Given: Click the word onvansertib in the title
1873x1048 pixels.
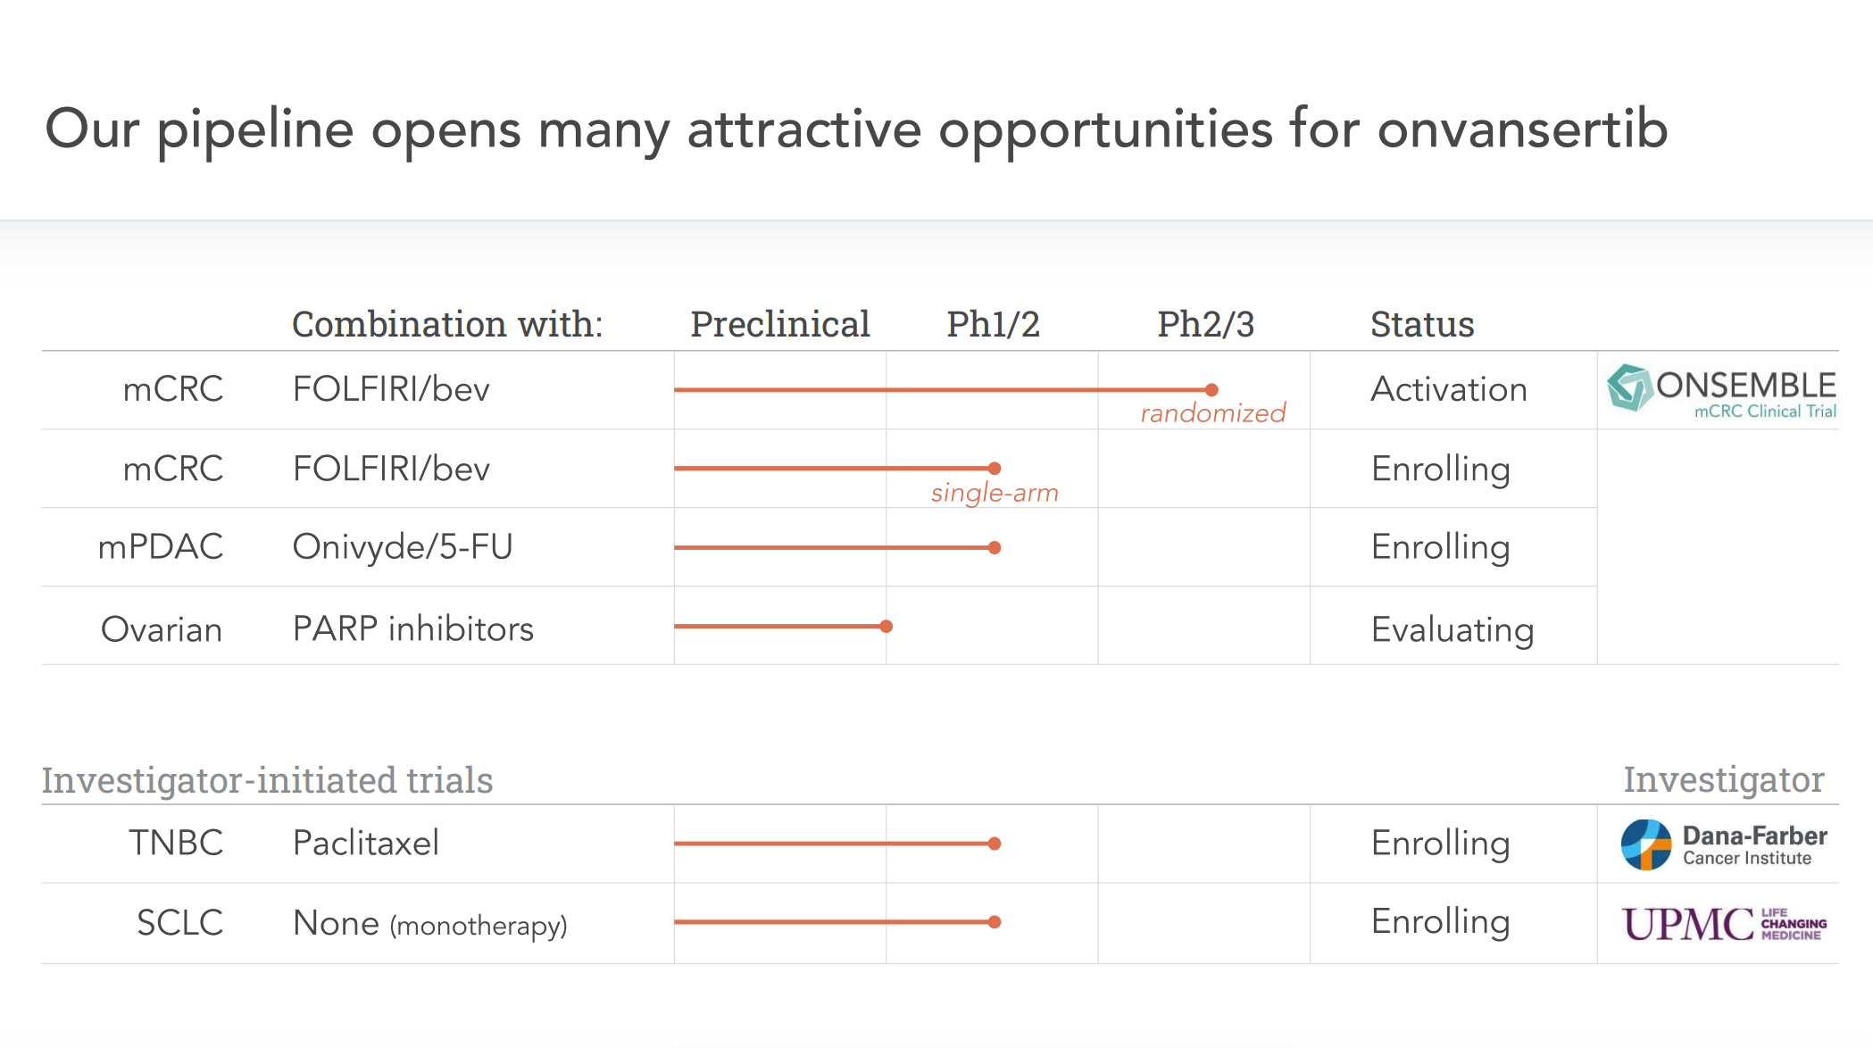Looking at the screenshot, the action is click(x=1522, y=129).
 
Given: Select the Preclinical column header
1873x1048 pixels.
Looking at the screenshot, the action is click(x=780, y=324).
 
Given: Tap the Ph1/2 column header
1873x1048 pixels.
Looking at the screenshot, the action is click(x=993, y=324).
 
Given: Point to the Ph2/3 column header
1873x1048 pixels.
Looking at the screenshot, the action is click(x=1205, y=324).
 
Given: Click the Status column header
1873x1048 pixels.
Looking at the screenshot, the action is click(x=1422, y=324).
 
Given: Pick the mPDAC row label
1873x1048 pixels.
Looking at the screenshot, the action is click(x=161, y=546).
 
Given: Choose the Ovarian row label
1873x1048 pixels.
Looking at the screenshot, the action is click(x=162, y=629).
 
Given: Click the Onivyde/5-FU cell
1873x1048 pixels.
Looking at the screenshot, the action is click(x=403, y=546).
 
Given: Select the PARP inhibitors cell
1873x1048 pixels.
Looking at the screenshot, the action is click(x=413, y=628).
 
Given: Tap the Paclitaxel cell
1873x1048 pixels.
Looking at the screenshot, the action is click(x=366, y=843).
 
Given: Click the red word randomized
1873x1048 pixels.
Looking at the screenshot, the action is click(x=1213, y=413).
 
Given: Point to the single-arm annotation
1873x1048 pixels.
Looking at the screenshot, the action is click(x=995, y=493).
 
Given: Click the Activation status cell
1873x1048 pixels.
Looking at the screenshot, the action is click(x=1449, y=389).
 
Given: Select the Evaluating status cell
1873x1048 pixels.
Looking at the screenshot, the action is click(x=1453, y=630).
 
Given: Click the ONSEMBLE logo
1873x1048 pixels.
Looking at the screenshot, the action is click(x=1721, y=390).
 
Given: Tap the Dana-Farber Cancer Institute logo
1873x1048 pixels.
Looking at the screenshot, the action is click(x=1724, y=844).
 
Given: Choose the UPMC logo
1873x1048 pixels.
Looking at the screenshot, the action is click(x=1724, y=924).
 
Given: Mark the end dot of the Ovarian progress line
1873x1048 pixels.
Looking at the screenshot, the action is click(x=887, y=627).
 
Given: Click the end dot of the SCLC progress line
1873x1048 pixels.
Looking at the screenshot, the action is click(x=995, y=922).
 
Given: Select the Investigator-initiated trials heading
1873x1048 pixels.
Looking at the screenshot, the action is click(x=267, y=780).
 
